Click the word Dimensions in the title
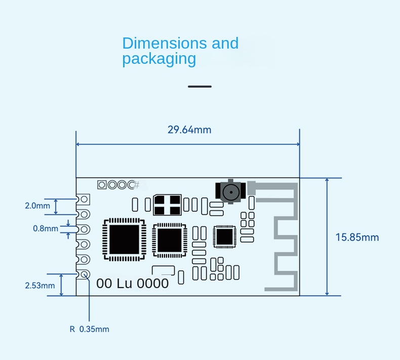(x=165, y=43)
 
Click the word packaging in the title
(x=158, y=59)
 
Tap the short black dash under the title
(x=199, y=87)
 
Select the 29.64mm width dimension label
(x=189, y=130)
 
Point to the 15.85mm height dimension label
(x=357, y=237)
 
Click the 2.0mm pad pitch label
(x=37, y=206)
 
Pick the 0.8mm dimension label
(x=46, y=228)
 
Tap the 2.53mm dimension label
(x=39, y=286)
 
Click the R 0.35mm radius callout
(x=89, y=329)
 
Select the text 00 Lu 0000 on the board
(x=132, y=284)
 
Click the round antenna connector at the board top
(x=231, y=192)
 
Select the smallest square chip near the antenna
(x=224, y=236)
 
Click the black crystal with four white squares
(x=167, y=205)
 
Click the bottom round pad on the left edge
(x=85, y=274)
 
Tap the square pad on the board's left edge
(x=85, y=199)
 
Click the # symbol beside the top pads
(x=137, y=185)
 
